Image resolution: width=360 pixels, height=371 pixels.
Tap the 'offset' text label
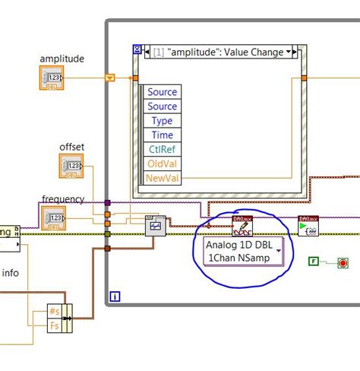[x=73, y=146]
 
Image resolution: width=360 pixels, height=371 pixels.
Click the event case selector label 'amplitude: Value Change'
[x=214, y=52]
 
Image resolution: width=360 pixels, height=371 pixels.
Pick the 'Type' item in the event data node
[x=162, y=121]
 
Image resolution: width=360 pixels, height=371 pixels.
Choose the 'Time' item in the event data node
[x=162, y=135]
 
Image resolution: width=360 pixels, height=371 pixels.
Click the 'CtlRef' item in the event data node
[x=162, y=150]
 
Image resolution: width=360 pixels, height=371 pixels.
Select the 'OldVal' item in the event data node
[x=162, y=163]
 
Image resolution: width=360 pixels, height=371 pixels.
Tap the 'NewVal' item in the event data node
[x=162, y=178]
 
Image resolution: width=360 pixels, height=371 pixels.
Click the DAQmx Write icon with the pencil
[x=242, y=225]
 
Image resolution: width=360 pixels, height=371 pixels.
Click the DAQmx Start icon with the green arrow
[x=308, y=226]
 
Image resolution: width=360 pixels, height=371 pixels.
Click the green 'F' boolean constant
[x=313, y=262]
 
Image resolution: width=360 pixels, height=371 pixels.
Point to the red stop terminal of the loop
[x=343, y=263]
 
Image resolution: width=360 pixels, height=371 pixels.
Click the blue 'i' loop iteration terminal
[x=115, y=295]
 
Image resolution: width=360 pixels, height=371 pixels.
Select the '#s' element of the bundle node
[x=54, y=311]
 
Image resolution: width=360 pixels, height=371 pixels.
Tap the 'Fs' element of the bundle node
[x=54, y=325]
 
